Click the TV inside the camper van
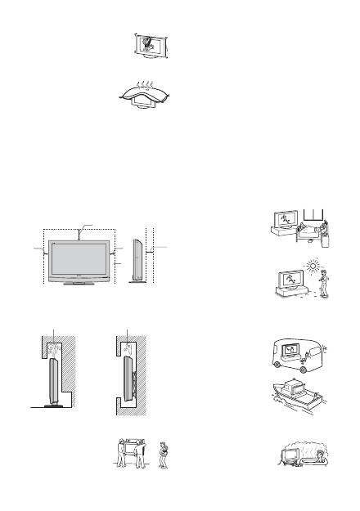click(289, 354)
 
